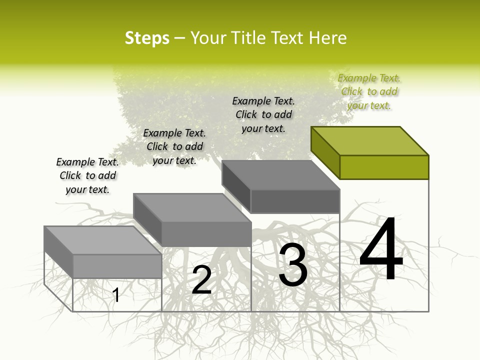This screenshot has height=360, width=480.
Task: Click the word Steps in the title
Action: click(x=147, y=38)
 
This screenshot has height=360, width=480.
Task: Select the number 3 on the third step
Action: click(x=293, y=265)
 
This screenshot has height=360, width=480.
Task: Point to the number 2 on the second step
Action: click(x=201, y=279)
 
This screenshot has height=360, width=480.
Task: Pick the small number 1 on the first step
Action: click(x=116, y=295)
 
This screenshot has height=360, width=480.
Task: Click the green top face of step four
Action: click(x=369, y=140)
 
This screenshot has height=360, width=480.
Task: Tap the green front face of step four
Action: click(x=384, y=167)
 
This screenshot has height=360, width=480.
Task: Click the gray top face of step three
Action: click(x=280, y=175)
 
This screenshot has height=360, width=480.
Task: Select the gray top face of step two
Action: click(x=192, y=207)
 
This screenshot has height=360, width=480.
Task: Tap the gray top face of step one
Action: click(x=102, y=240)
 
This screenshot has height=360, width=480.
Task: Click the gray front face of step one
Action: click(x=117, y=266)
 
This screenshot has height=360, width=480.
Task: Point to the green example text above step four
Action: click(x=369, y=91)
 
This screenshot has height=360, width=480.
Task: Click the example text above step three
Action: click(x=263, y=114)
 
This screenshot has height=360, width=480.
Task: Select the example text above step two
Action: click(x=174, y=146)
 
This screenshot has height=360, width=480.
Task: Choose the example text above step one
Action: click(x=87, y=175)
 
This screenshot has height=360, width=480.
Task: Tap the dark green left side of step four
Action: click(x=325, y=152)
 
